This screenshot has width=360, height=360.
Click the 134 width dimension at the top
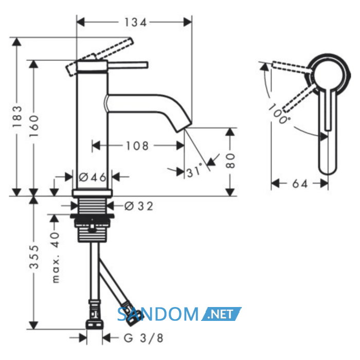135,23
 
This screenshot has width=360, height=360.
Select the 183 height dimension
17,117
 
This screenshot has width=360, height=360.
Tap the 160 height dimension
34,127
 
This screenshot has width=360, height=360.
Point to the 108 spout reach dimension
137,146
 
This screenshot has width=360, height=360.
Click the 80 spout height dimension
230,161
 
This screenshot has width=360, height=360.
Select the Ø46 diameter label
93,177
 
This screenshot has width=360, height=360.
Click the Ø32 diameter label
139,206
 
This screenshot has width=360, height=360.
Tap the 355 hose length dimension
34,257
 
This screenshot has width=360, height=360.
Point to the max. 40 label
56,257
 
